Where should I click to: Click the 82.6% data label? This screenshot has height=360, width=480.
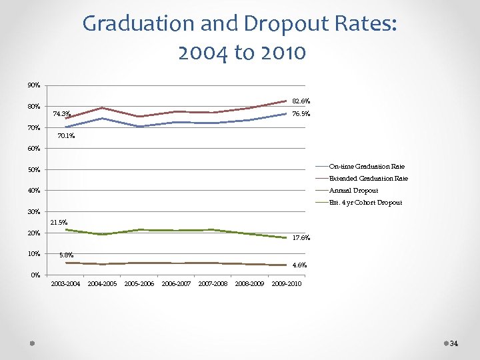click(x=301, y=101)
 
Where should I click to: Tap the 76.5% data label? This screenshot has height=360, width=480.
click(x=301, y=115)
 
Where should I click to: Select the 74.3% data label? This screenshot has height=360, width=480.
click(x=61, y=114)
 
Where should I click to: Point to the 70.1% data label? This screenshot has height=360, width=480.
click(x=66, y=136)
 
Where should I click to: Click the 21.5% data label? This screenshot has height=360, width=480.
click(x=58, y=222)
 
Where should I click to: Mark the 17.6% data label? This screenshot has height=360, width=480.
click(x=301, y=238)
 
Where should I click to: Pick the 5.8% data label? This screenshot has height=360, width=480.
click(x=67, y=255)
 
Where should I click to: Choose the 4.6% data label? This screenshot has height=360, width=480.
click(x=299, y=265)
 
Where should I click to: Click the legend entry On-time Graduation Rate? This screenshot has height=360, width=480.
click(x=367, y=166)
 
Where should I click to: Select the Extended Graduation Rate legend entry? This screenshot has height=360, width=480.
click(x=369, y=178)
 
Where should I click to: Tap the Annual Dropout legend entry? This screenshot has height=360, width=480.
click(x=353, y=190)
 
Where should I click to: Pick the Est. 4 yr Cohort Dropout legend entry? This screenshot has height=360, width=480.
click(x=365, y=202)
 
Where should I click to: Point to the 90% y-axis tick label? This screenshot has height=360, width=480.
click(x=34, y=85)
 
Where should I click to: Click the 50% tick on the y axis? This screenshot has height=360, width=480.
click(x=34, y=170)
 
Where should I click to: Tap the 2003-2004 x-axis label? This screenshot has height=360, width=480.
click(x=65, y=284)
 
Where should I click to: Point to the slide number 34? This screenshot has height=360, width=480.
click(x=454, y=343)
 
